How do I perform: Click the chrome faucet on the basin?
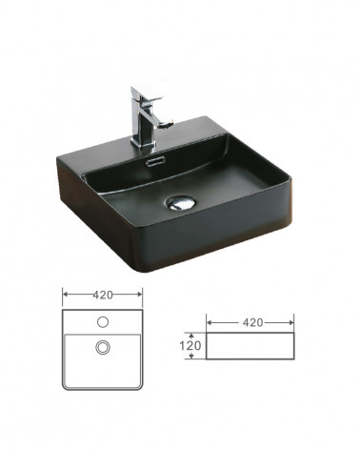pyautogui.click(x=145, y=119)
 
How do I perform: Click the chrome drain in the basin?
pyautogui.click(x=181, y=203)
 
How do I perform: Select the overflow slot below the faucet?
pyautogui.click(x=154, y=161)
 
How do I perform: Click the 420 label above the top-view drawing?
pyautogui.click(x=103, y=295)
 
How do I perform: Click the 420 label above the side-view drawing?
pyautogui.click(x=252, y=322)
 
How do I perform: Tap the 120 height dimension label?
pyautogui.click(x=190, y=345)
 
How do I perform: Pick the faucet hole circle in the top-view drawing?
pyautogui.click(x=103, y=322)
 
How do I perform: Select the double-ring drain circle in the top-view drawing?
pyautogui.click(x=103, y=347)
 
